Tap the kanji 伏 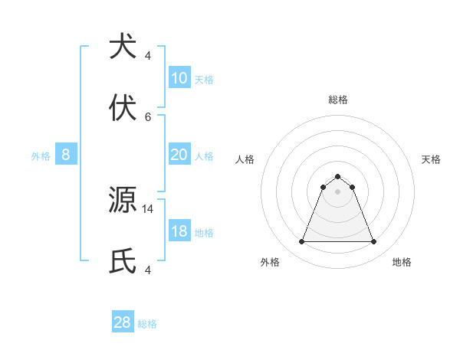tap(123, 109)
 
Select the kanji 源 tap(123, 201)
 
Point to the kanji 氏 tap(123, 262)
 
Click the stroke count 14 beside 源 tap(148, 208)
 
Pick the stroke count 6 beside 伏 tap(148, 116)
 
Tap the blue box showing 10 tap(179, 77)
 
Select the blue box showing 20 tap(179, 155)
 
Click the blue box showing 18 tap(179, 231)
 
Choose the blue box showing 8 tap(66, 155)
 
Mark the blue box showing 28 tap(123, 322)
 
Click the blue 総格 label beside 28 tap(147, 324)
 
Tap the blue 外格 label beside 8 tap(41, 156)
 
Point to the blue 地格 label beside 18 tap(204, 233)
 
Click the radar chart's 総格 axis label tap(337, 100)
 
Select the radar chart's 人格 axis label tap(245, 159)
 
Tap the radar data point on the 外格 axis tap(301, 242)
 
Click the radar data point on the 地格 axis tap(373, 242)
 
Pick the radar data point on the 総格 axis tap(337, 176)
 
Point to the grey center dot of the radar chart tap(337, 191)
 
